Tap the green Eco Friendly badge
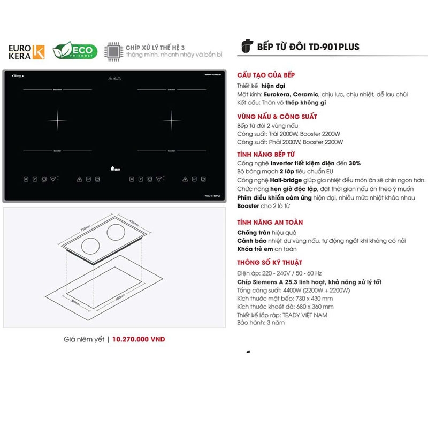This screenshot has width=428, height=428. [x=75, y=51]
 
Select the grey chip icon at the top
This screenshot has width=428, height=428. [x=113, y=51]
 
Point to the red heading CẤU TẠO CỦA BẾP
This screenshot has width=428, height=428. [x=266, y=75]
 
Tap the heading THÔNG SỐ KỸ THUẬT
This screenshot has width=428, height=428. [x=270, y=262]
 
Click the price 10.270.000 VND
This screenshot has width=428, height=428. [x=139, y=339]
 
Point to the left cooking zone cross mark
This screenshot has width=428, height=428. [x=57, y=119]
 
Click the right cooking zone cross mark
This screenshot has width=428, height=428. [x=171, y=119]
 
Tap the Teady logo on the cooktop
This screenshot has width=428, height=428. [x=115, y=168]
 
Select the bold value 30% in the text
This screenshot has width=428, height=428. [x=355, y=163]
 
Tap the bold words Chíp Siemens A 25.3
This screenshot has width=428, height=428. [x=271, y=282]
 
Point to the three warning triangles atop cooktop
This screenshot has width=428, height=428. [x=113, y=78]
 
